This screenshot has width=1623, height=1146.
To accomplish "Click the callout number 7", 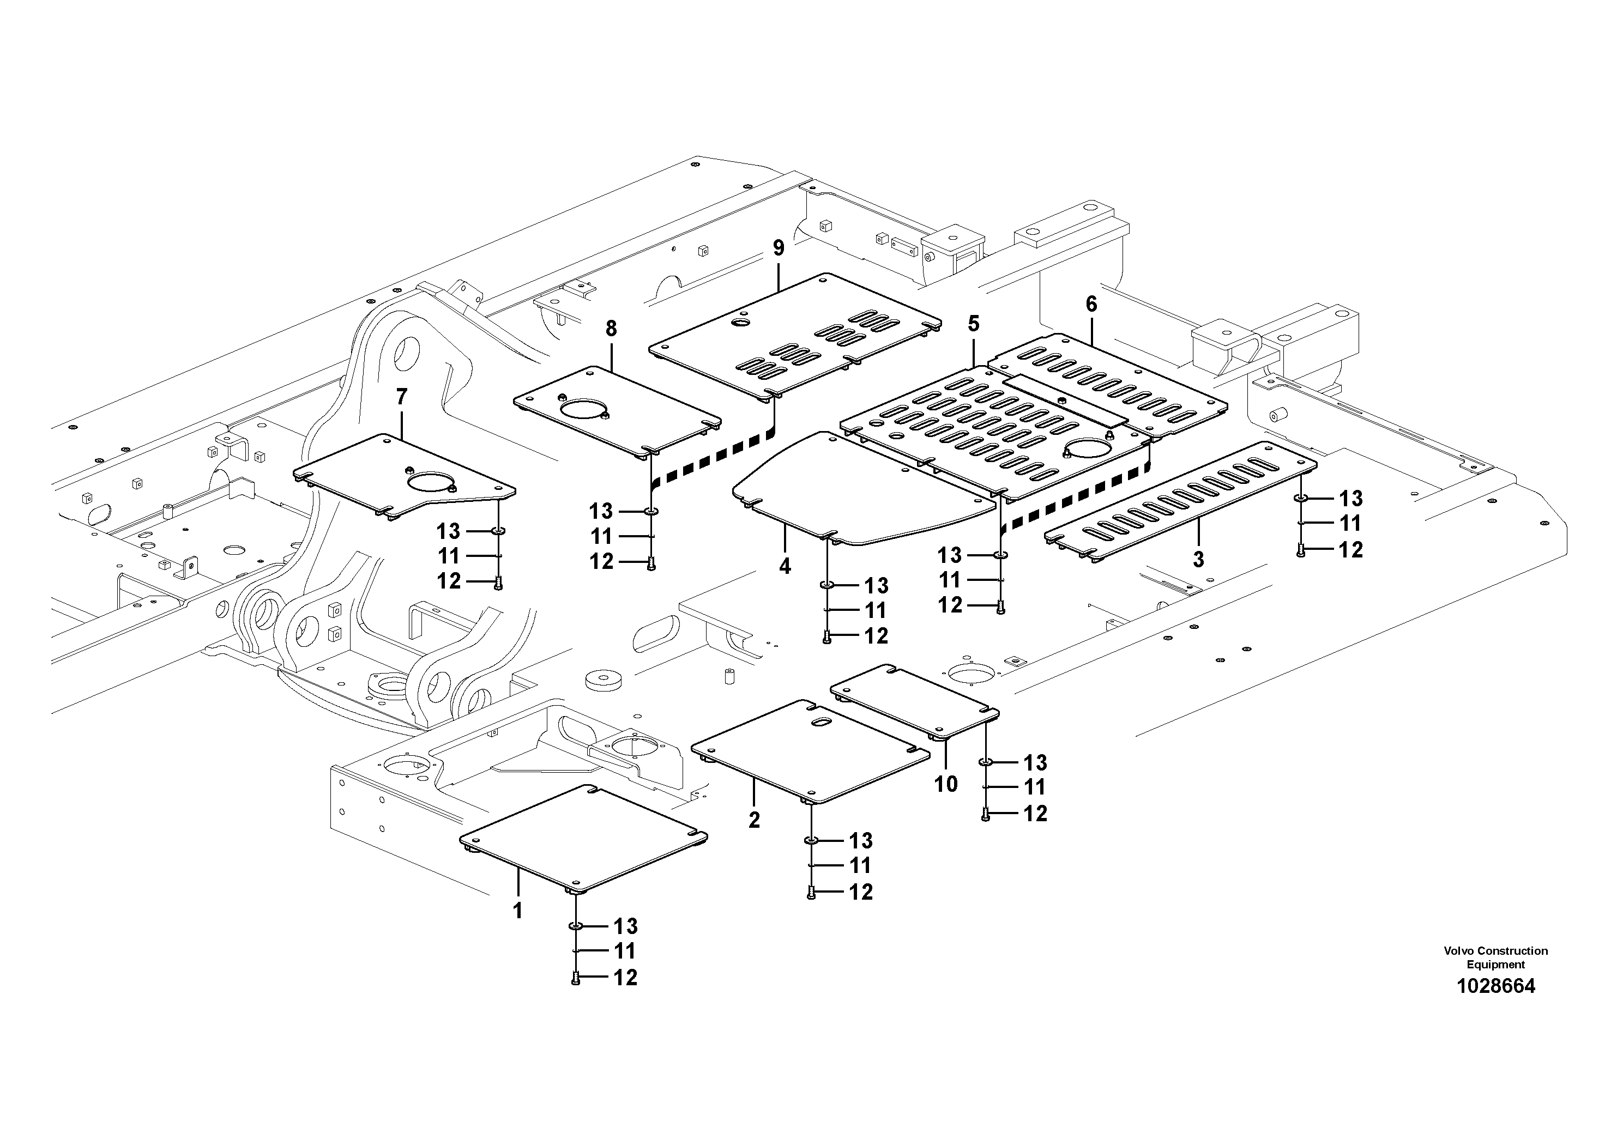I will pos(401,398).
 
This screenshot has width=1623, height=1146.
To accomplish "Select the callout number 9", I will pos(779,248).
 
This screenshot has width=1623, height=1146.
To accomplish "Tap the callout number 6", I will pos(1091,305).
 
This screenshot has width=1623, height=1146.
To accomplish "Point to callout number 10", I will pos(946,784).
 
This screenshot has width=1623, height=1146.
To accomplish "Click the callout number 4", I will pos(785,566).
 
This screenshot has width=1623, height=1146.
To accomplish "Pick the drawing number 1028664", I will pos(1495,986).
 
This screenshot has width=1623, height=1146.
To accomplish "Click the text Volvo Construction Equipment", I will pos(1495,957).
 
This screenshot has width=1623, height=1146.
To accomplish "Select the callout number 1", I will pos(517,911).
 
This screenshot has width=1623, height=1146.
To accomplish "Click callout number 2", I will pos(754,820).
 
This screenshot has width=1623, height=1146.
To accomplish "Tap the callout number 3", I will pos(1198,560).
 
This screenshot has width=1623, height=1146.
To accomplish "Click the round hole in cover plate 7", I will pos(431,483).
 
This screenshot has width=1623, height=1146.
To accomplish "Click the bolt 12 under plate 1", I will pos(575,978).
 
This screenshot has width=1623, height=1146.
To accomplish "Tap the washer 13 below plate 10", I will pos(985,762).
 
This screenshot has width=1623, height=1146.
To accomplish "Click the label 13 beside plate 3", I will pos(1351,499).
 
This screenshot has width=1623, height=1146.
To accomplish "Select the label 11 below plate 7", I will pos(448,556).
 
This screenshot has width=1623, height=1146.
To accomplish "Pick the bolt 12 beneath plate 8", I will pos(651,562).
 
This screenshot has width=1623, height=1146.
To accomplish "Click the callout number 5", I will pos(974,324).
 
